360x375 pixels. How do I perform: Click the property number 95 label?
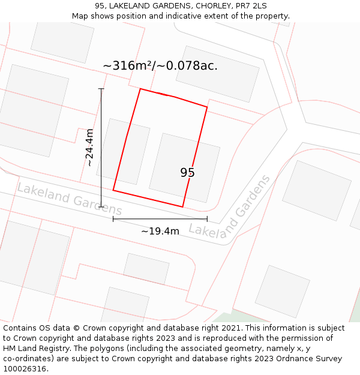(x=187, y=173)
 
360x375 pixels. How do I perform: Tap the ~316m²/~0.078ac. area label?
(x=160, y=66)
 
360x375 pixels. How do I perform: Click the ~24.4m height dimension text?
(x=89, y=148)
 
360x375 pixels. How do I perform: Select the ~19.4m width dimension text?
(x=160, y=231)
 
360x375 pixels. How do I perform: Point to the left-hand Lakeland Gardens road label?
(x=69, y=199)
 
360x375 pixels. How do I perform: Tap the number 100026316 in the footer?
(x=23, y=369)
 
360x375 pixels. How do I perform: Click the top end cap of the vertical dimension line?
(x=101, y=89)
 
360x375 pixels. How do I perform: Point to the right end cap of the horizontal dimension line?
(x=207, y=219)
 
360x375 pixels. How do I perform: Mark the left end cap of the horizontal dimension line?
(x=113, y=219)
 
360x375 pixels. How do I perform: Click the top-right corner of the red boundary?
(x=207, y=107)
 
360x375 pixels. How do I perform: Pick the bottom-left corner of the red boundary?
(x=113, y=191)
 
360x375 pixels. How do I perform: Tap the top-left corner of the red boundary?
(x=140, y=89)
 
